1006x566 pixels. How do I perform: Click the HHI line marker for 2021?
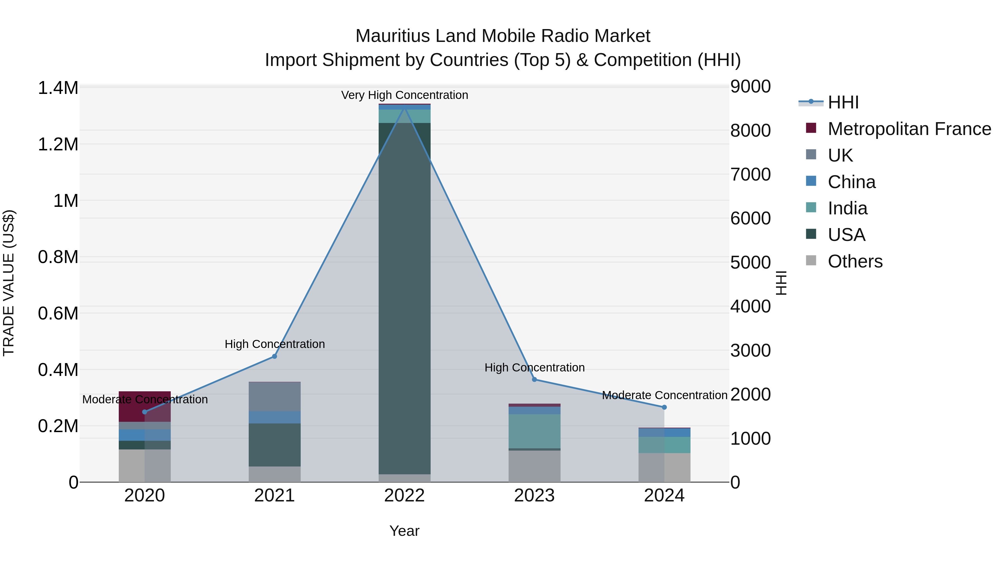274,356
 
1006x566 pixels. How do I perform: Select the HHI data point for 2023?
534,379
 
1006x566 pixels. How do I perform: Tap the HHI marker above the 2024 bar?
664,407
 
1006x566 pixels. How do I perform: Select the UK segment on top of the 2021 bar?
274,396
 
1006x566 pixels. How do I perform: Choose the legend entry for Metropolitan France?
909,129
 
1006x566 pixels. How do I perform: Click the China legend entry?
851,182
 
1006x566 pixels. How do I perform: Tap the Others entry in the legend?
855,261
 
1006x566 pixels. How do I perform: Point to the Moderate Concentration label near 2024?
664,395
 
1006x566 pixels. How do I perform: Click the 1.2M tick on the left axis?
58,145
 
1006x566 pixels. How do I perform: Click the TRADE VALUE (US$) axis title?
9,283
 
